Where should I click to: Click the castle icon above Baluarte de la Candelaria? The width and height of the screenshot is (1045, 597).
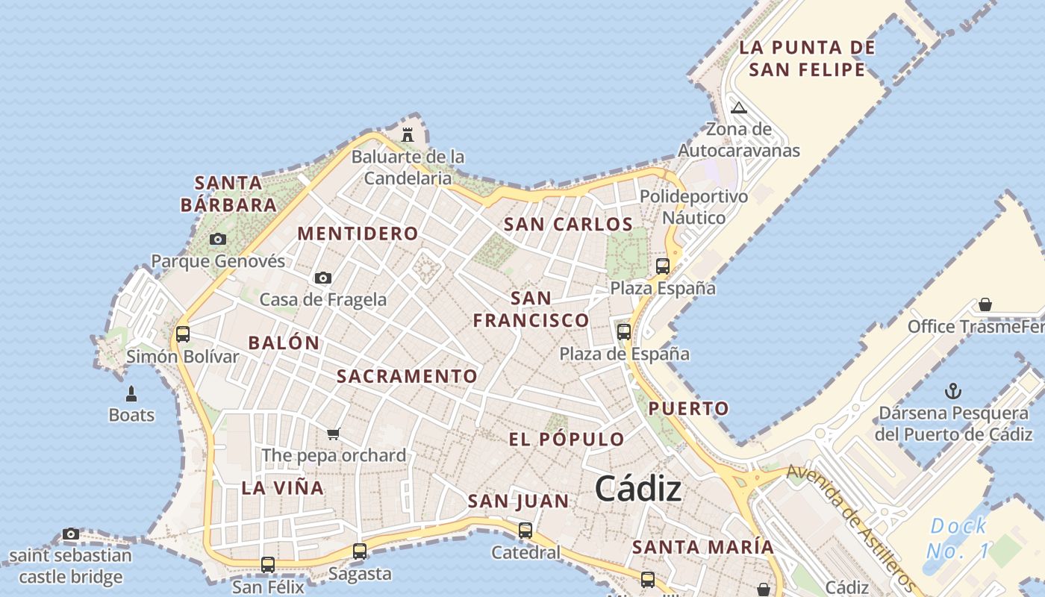tap(408, 135)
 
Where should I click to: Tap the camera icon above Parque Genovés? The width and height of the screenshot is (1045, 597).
tap(218, 239)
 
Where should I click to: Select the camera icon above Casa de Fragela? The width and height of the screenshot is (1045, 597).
tap(323, 278)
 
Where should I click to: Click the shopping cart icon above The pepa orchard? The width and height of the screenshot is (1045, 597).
tap(334, 434)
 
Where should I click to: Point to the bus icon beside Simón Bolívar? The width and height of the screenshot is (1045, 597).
tap(183, 334)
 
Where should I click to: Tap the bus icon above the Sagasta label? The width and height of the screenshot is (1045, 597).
tap(360, 551)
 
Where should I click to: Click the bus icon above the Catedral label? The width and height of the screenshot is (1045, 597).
tap(525, 531)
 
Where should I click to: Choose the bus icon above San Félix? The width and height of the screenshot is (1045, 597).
tap(268, 565)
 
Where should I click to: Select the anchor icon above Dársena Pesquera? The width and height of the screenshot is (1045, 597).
tap(952, 391)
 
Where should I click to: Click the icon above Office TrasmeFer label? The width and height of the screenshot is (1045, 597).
tap(985, 304)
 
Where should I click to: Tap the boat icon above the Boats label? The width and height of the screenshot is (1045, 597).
tap(131, 393)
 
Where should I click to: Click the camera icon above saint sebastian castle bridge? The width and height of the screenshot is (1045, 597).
tap(71, 534)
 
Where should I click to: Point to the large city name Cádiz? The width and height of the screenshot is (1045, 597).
tap(638, 490)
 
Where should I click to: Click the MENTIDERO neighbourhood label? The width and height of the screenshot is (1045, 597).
tap(358, 234)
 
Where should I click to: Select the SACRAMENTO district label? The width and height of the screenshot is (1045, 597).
tap(407, 376)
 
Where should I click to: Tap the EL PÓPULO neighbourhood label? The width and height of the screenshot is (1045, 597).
tap(567, 439)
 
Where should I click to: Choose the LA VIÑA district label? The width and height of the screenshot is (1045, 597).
tap(282, 488)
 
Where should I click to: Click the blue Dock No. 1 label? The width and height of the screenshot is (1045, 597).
tap(958, 539)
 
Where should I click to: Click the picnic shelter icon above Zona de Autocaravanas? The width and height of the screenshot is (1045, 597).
tap(739, 107)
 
